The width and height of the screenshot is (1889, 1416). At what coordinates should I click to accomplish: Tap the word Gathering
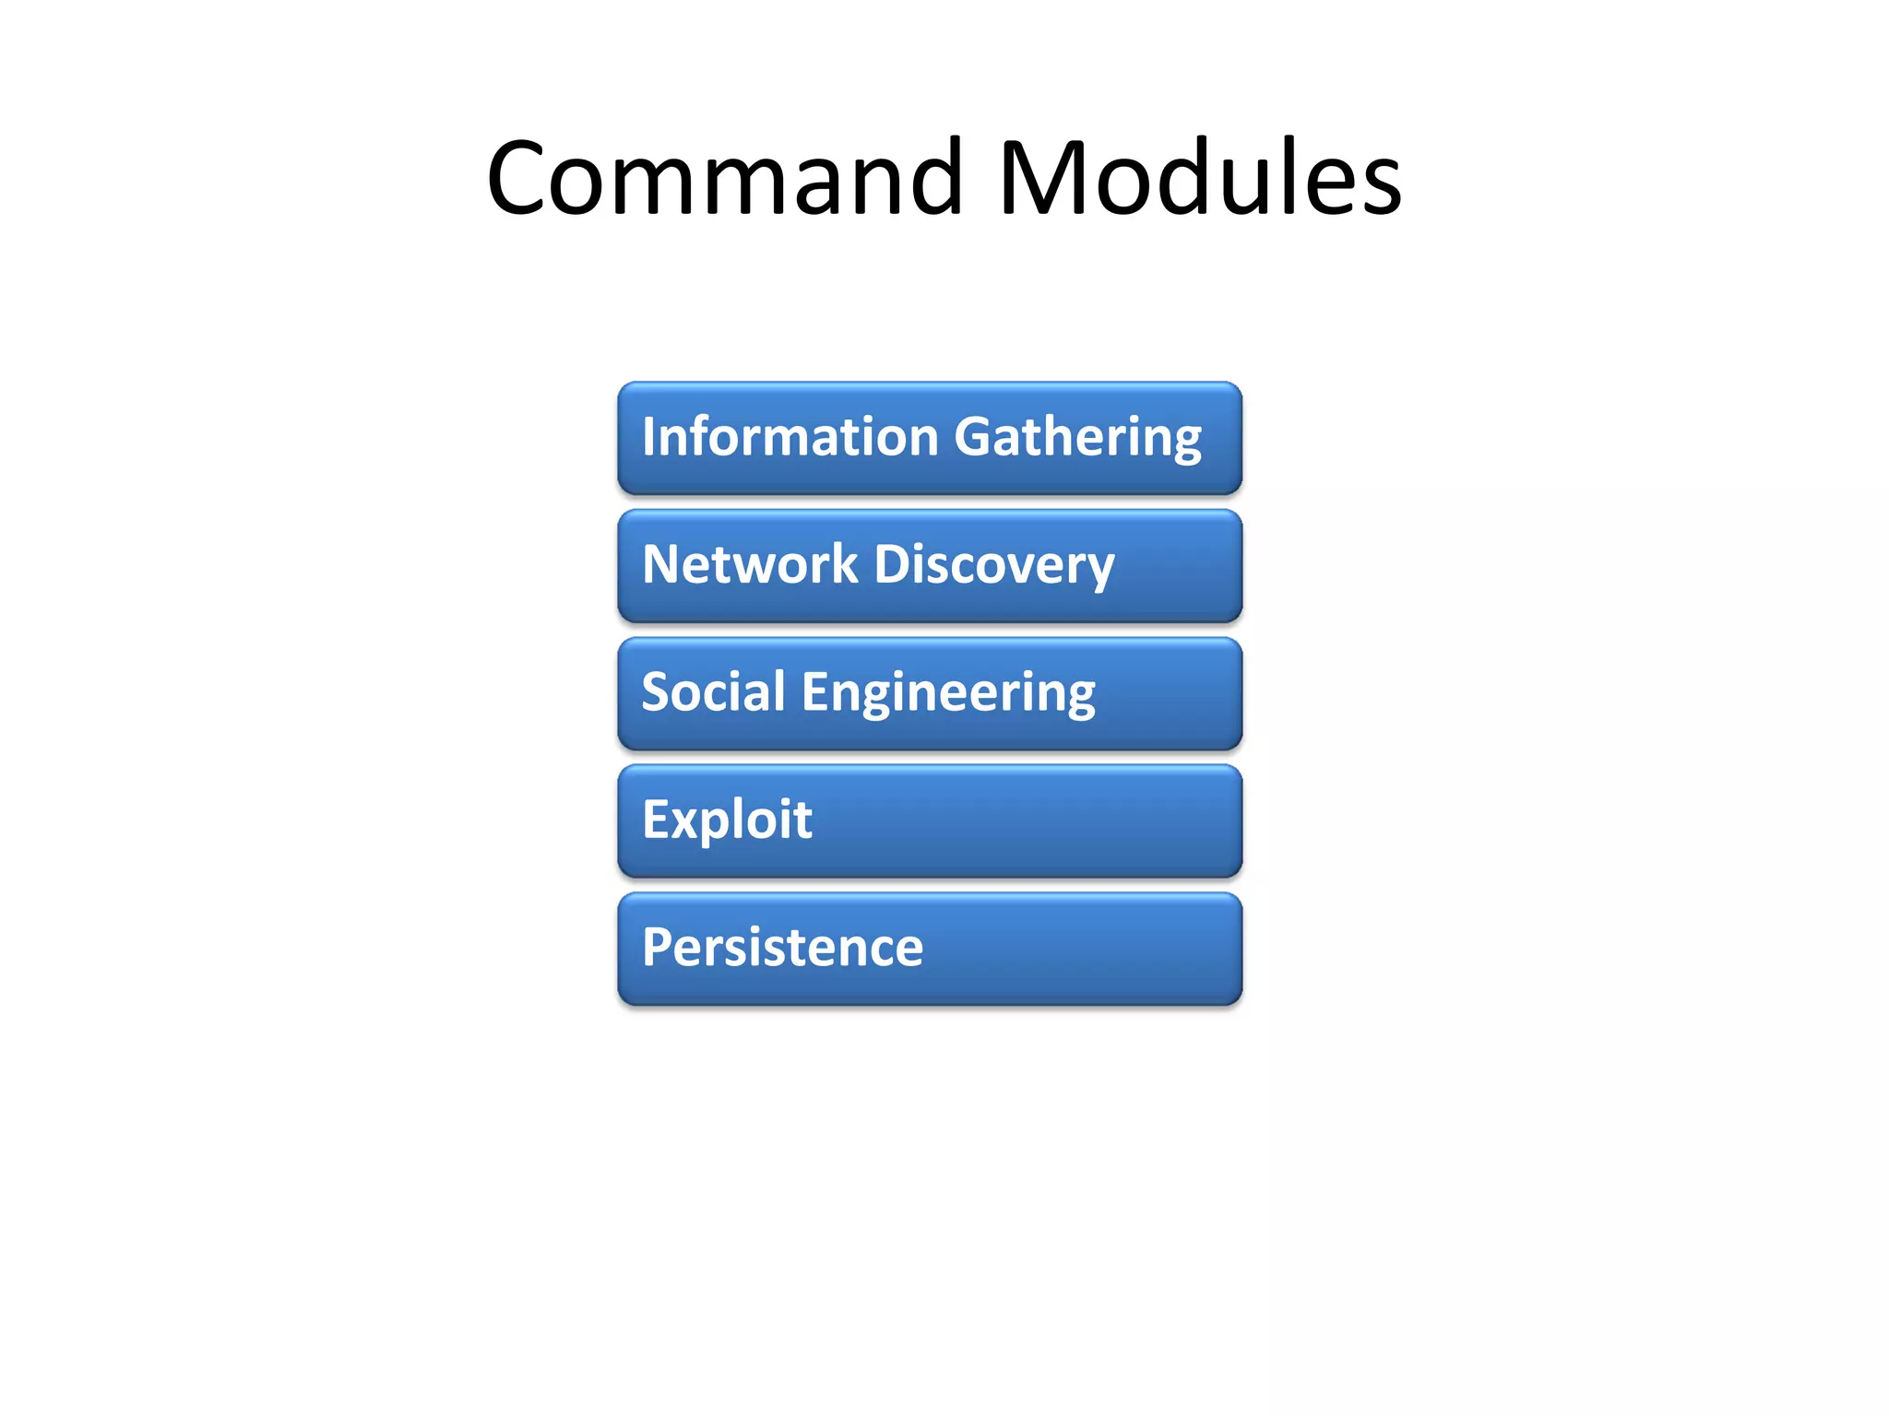pos(1077,438)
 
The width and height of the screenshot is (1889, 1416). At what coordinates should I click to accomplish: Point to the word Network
pos(750,564)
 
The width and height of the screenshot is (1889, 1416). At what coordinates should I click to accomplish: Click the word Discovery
pos(994,566)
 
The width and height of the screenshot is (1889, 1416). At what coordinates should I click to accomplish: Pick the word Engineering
pos(948,693)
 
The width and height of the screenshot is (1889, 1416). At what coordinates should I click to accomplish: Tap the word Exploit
pos(727,819)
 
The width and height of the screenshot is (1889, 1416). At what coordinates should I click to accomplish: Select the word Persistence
pos(782,947)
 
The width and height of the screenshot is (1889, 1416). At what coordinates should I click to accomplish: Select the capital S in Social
pos(658,691)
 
